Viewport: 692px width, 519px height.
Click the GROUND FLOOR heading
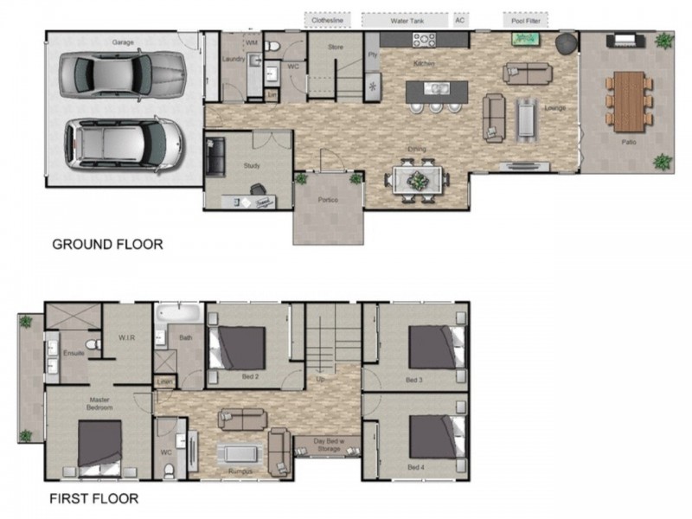tap(107, 244)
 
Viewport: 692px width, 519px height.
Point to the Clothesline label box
tap(328, 19)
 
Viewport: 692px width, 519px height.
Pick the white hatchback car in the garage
tap(125, 141)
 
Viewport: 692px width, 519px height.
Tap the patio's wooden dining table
tap(629, 99)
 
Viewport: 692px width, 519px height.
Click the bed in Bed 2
tap(241, 347)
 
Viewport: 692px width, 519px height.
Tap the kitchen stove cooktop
tap(424, 39)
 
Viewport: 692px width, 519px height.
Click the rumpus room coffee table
tap(239, 452)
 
